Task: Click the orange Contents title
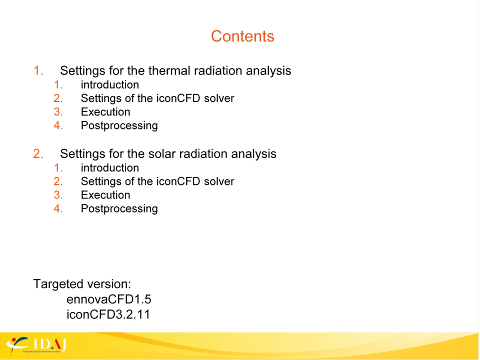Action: pyautogui.click(x=242, y=36)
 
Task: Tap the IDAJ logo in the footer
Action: pyautogui.click(x=36, y=345)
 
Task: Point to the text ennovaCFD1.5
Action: pyautogui.click(x=108, y=299)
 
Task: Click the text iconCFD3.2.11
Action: pyautogui.click(x=108, y=314)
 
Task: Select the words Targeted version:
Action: pyautogui.click(x=81, y=284)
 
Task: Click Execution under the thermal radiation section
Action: pyautogui.click(x=105, y=111)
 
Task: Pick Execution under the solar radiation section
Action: pyautogui.click(x=105, y=195)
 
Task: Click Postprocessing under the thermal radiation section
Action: pyautogui.click(x=119, y=125)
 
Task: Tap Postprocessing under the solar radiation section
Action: pyautogui.click(x=119, y=209)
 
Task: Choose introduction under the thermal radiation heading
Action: pyautogui.click(x=110, y=85)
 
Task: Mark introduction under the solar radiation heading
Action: pyautogui.click(x=110, y=168)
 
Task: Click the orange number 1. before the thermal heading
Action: pyautogui.click(x=38, y=70)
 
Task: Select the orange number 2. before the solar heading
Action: pyautogui.click(x=38, y=153)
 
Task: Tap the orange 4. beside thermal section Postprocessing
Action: pyautogui.click(x=58, y=125)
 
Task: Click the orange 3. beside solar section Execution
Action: pyautogui.click(x=58, y=195)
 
